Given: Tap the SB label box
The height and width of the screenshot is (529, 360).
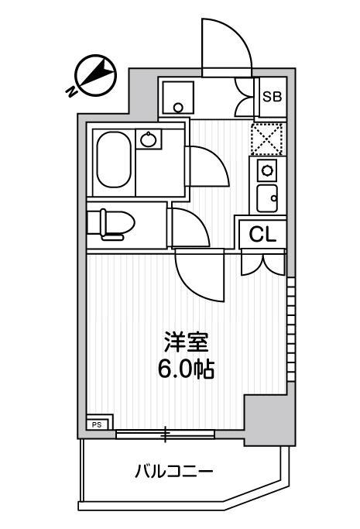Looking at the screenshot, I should click(x=272, y=97).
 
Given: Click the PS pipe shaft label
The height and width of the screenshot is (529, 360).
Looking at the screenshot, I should click(x=98, y=424).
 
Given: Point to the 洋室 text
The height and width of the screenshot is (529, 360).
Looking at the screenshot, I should click(x=187, y=342).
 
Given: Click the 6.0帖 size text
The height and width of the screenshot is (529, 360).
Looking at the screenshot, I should click(x=187, y=369).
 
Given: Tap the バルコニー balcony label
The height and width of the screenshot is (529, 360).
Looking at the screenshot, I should click(x=173, y=471).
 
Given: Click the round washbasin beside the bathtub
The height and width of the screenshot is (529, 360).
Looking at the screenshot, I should click(x=149, y=139).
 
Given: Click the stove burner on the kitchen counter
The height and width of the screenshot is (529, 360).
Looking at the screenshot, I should click(x=268, y=170).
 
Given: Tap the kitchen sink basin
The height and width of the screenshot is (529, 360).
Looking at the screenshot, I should click(x=268, y=198).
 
